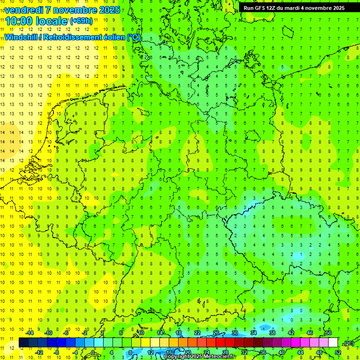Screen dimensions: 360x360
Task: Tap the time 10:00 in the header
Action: [x=20, y=21]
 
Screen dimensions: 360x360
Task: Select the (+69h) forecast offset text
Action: [x=81, y=21]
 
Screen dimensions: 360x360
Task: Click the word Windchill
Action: [x=20, y=37]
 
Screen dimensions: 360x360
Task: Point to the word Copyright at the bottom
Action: [x=176, y=357]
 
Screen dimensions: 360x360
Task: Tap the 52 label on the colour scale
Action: [x=338, y=352]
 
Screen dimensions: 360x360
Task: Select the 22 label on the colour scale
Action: [x=197, y=333]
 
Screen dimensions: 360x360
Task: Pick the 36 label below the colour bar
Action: [x=263, y=352]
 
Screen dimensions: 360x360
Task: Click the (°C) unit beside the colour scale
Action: [x=349, y=343]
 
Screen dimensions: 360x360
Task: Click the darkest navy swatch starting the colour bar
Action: [x=23, y=343]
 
